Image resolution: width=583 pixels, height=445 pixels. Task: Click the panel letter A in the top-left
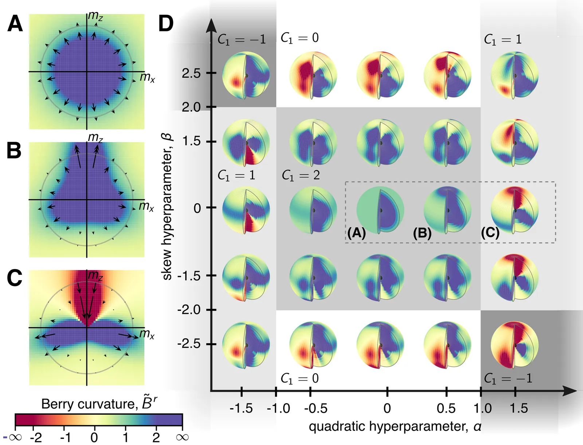click(15, 24)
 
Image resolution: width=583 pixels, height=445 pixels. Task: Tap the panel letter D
click(166, 24)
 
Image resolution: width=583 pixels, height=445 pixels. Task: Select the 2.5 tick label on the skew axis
click(191, 73)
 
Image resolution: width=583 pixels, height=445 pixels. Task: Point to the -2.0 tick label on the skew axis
click(189, 310)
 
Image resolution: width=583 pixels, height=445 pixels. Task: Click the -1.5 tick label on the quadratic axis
click(241, 408)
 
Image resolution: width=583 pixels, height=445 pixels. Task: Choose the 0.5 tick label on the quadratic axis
click(446, 408)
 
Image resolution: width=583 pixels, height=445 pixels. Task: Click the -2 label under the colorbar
click(36, 437)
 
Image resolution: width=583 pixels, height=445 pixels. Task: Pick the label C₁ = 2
click(301, 175)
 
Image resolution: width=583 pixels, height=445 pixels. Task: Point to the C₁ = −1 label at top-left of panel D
click(242, 39)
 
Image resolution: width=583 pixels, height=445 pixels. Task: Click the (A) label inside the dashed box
click(356, 233)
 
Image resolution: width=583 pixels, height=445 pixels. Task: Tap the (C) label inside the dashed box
click(490, 233)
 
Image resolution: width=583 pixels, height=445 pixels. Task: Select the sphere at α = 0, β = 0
click(380, 210)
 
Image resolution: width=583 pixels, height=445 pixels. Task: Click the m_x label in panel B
click(146, 206)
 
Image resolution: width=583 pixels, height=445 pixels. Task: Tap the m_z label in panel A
click(95, 16)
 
